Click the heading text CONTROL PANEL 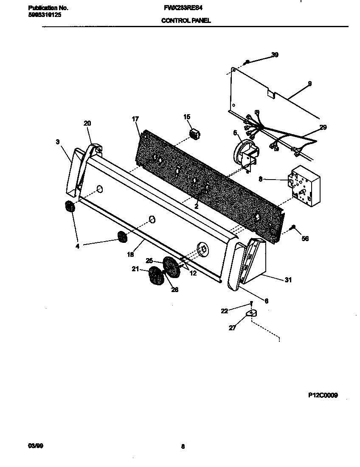point(186,20)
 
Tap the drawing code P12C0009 point(323,395)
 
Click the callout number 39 point(275,55)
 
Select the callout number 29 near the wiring point(323,127)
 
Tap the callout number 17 point(135,119)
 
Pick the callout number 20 point(87,123)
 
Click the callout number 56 point(305,239)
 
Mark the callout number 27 point(232,328)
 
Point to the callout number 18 point(130,255)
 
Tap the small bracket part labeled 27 point(251,314)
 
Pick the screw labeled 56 point(292,228)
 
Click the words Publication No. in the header point(48,8)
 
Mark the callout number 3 point(58,142)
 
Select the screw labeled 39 point(247,62)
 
